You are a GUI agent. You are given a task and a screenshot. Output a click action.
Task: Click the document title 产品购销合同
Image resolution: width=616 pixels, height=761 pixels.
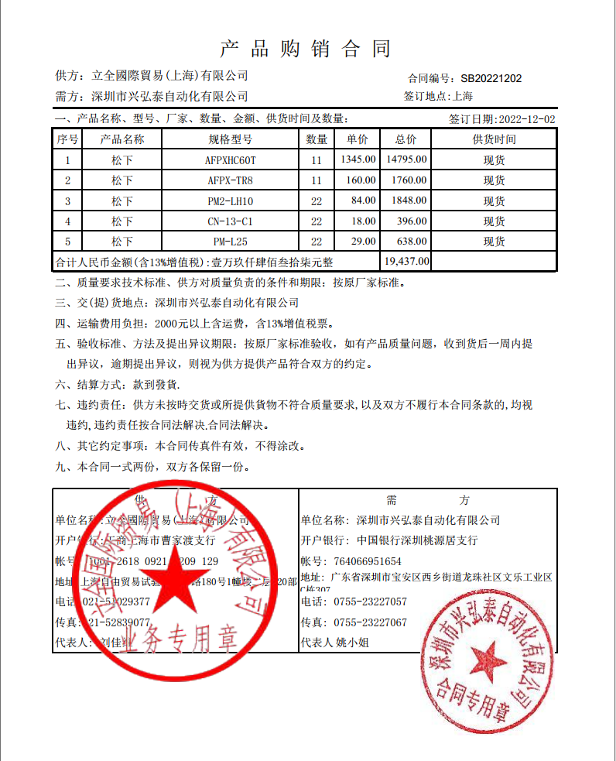[x=306, y=49]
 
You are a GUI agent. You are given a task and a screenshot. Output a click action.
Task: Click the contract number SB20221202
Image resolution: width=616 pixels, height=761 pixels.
[x=491, y=78]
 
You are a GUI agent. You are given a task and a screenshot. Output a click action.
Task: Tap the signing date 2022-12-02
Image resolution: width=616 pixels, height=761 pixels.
[x=527, y=119]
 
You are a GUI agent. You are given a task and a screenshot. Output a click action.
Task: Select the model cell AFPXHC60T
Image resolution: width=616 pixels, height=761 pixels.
[x=231, y=160]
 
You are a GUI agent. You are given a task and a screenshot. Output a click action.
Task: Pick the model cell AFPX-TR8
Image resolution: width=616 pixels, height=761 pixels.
[x=231, y=180]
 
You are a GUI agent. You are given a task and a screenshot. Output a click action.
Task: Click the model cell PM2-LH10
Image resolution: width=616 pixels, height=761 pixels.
[x=231, y=201]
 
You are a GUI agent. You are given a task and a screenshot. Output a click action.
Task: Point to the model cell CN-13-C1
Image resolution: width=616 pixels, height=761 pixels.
[x=231, y=221]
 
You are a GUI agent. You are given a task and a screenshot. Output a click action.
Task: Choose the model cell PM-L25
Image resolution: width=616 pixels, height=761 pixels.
[x=231, y=242]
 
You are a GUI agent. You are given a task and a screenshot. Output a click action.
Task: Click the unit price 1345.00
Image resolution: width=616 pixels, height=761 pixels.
[x=358, y=160]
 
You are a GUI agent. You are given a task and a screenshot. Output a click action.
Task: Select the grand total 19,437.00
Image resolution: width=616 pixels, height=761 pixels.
[x=406, y=261]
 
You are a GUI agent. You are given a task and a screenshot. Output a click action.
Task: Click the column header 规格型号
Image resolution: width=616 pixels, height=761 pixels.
[x=231, y=139]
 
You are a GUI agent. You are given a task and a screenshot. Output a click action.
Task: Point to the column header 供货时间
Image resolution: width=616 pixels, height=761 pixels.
[x=494, y=139]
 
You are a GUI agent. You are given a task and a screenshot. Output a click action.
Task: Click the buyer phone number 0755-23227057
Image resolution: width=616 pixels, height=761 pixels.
[x=370, y=602]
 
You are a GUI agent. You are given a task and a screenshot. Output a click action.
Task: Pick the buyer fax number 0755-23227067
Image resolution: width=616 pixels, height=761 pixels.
[x=370, y=622]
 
